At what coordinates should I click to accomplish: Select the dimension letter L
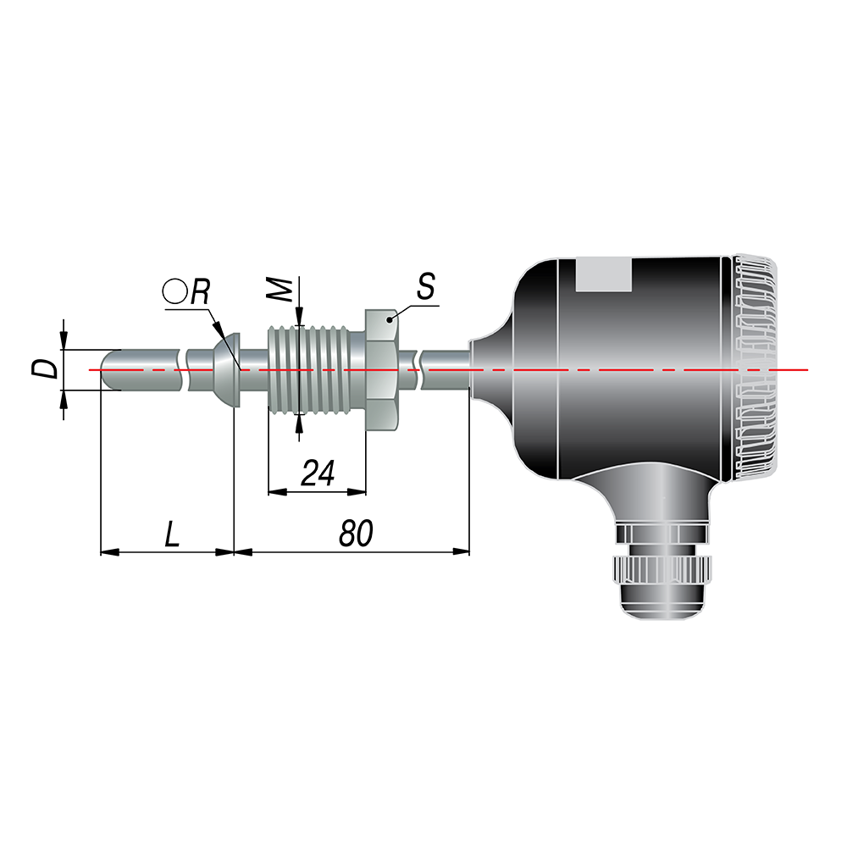pyautogui.click(x=172, y=534)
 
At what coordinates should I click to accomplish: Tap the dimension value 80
pyautogui.click(x=356, y=534)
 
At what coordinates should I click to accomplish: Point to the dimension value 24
pyautogui.click(x=318, y=473)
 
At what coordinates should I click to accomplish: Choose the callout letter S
pyautogui.click(x=426, y=286)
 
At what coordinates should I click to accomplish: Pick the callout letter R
pyautogui.click(x=200, y=292)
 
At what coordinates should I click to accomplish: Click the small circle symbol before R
pyautogui.click(x=174, y=291)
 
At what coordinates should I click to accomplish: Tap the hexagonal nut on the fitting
pyautogui.click(x=383, y=370)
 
